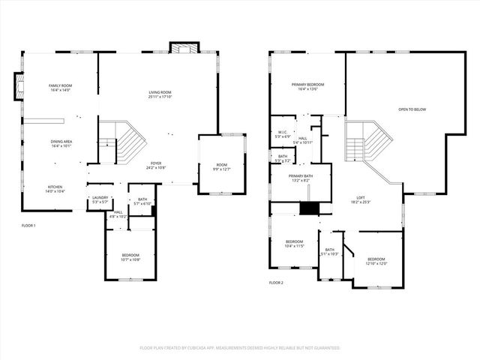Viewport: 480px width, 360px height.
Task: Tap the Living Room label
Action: pos(160,94)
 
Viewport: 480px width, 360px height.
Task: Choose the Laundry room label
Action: pos(100,199)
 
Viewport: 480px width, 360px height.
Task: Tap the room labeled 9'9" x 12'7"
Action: pos(221,166)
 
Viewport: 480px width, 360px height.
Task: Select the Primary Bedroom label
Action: pos(308,87)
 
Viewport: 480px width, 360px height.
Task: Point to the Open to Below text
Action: pos(412,109)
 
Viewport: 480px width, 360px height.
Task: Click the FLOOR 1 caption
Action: pos(28,226)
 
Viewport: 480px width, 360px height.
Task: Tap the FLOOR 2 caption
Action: pos(276,283)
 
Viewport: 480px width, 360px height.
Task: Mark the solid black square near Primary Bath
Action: pos(308,208)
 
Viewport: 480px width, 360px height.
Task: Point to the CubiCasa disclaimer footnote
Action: pos(240,348)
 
